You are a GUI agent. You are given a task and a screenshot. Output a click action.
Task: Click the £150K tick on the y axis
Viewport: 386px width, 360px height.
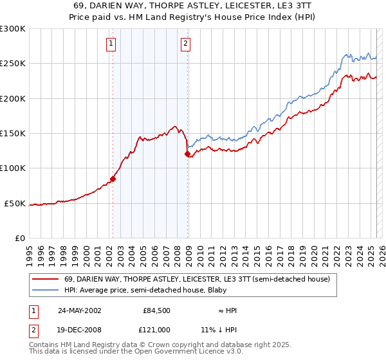13,134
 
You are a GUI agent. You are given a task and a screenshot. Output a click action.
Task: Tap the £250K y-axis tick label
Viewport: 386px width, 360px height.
13,64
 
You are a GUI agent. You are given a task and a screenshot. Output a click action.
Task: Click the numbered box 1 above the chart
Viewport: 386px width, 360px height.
111,44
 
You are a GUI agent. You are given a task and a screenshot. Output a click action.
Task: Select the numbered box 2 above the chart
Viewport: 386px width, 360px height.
185,44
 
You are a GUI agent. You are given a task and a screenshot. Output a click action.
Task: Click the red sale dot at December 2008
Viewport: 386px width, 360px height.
187,154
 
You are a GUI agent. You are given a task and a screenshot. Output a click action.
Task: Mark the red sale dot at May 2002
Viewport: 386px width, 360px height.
113,179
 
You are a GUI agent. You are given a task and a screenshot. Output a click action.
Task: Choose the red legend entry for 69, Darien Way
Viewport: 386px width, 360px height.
197,279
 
